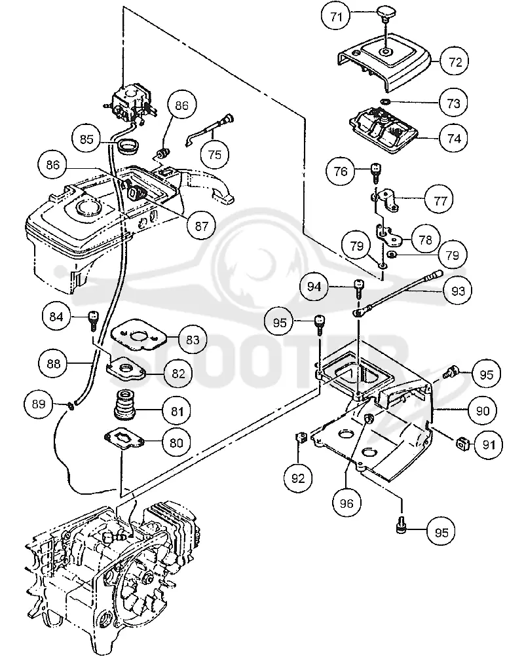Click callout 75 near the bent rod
tap(215, 154)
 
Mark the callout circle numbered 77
tap(440, 201)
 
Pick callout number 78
tap(425, 240)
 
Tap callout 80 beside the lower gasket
tap(177, 443)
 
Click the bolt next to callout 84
tap(92, 321)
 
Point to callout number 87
tap(202, 226)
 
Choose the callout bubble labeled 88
tap(54, 364)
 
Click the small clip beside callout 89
tap(71, 405)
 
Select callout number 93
tap(458, 291)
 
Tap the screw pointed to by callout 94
tap(359, 288)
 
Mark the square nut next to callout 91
tap(462, 442)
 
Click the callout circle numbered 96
tap(346, 503)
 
